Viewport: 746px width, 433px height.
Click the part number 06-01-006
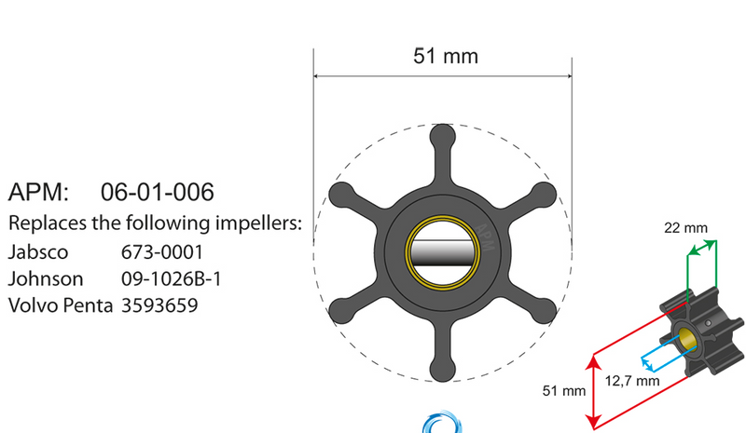157,193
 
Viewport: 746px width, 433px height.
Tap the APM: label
38,193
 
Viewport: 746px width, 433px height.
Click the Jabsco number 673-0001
161,252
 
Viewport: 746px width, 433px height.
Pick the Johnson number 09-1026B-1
171,278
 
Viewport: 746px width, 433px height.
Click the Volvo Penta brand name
61,304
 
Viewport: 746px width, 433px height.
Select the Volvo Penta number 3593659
159,304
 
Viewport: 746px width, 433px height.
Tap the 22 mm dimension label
685,227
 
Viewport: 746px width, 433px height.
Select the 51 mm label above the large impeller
445,56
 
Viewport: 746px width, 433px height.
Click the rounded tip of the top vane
442,137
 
